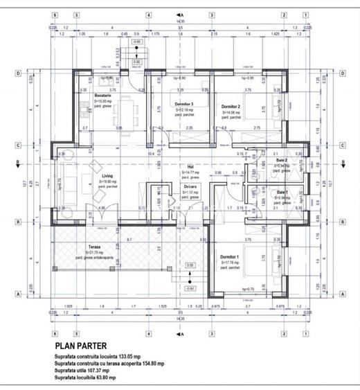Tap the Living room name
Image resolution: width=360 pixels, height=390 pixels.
(106, 176)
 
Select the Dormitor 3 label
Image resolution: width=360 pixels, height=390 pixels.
(183, 104)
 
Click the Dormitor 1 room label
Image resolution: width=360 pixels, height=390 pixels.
(228, 256)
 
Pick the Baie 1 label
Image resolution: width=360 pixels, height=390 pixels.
(282, 192)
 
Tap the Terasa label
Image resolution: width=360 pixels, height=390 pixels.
(93, 247)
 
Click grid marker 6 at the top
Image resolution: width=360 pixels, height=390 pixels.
(53, 14)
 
